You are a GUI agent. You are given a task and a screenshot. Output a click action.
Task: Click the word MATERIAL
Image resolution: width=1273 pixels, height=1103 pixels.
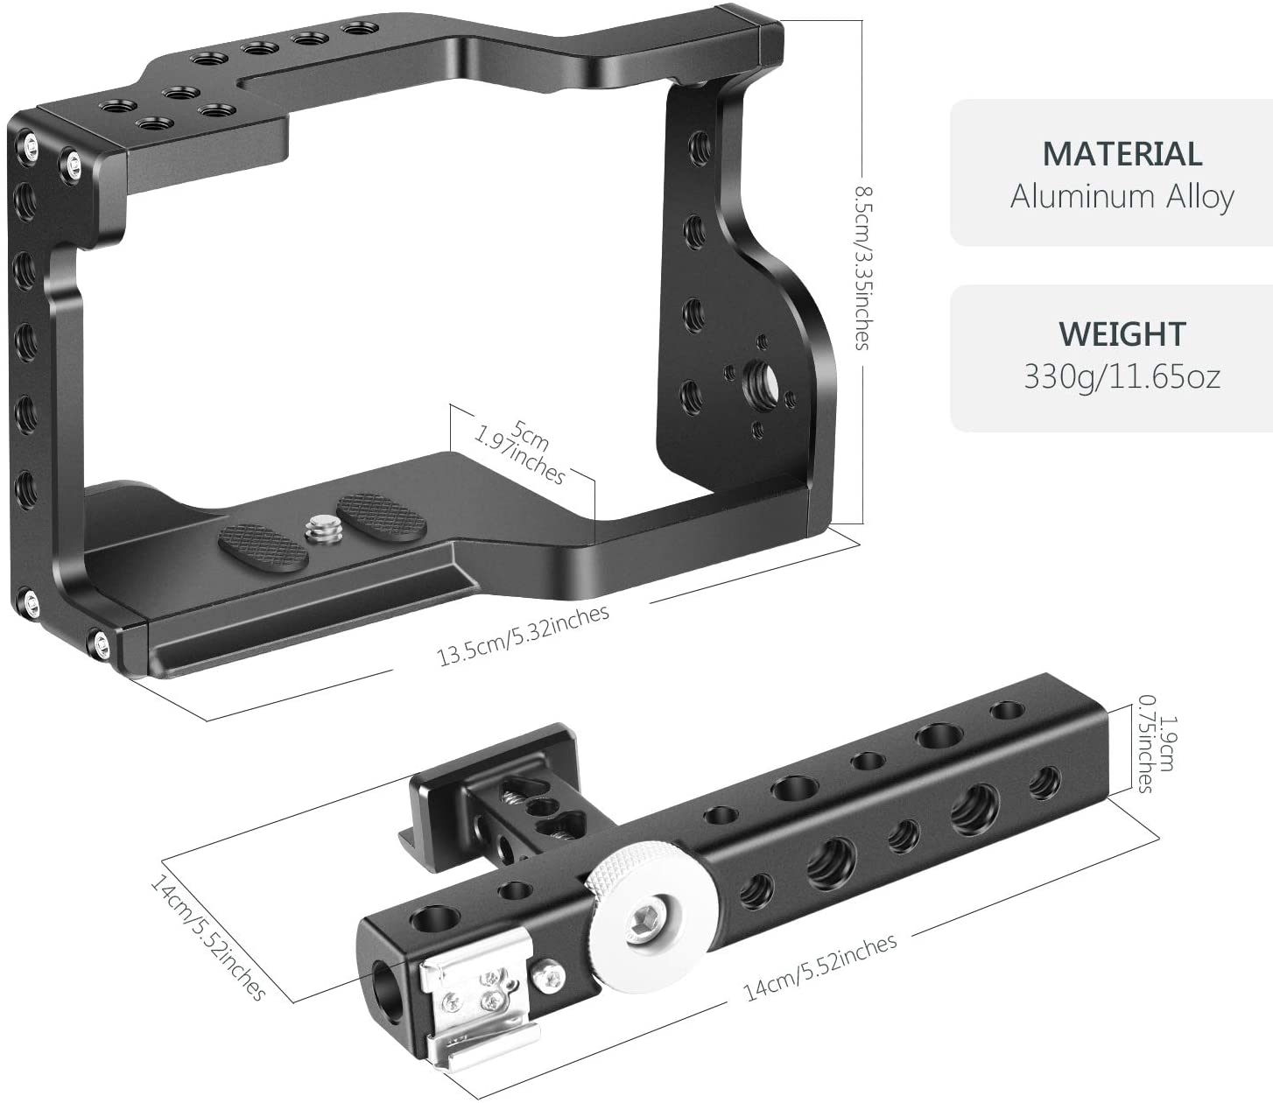coord(1122,154)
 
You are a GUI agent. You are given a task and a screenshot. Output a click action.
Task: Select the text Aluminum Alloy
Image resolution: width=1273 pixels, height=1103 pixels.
coord(1122,196)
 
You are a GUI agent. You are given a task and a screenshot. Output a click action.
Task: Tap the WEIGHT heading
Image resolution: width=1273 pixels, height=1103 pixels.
coord(1122,334)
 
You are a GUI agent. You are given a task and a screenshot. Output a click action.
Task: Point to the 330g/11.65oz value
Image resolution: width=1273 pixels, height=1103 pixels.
coord(1122,376)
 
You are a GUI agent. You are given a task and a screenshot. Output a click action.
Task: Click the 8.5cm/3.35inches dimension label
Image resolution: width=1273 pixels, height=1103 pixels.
coord(862,267)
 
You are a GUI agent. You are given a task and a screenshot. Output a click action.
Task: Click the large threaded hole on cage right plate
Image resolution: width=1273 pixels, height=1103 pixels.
coord(756,379)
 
